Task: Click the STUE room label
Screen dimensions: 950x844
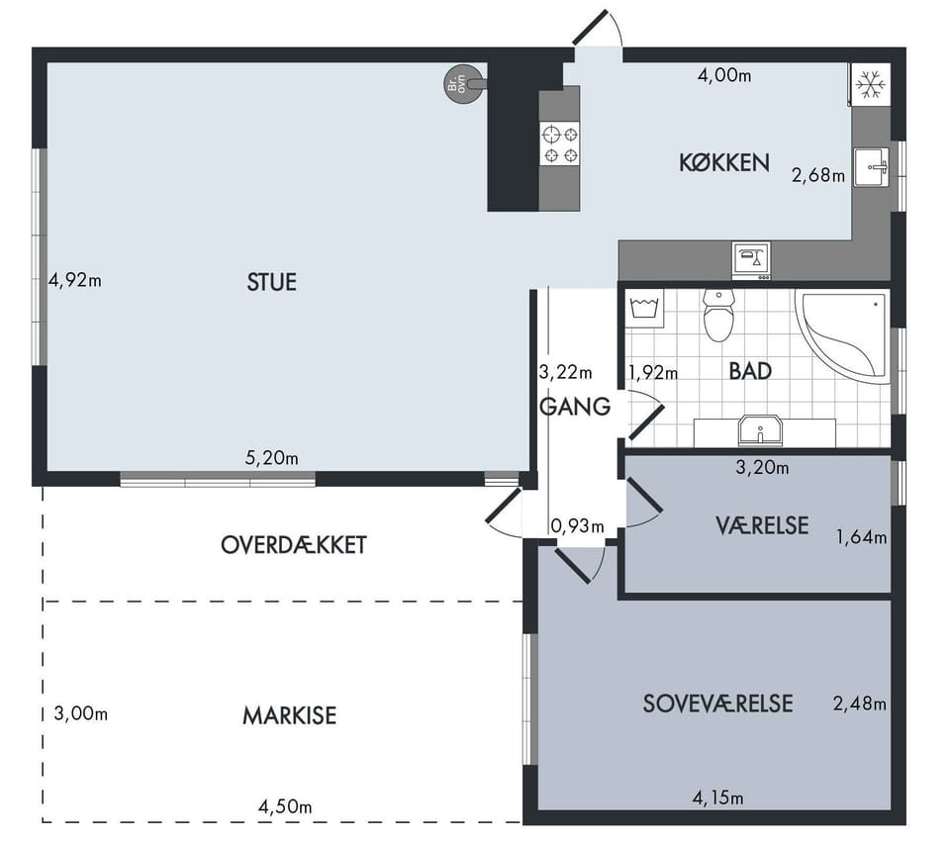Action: click(x=271, y=282)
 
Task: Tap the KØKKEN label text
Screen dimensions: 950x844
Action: click(x=724, y=163)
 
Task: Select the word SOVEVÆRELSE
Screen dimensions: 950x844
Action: click(x=717, y=703)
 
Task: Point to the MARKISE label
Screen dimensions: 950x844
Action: click(x=290, y=715)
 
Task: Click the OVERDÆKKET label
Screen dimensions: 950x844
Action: click(x=294, y=545)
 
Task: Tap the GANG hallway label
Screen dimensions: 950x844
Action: click(x=574, y=407)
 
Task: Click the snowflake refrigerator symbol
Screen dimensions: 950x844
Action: click(x=871, y=84)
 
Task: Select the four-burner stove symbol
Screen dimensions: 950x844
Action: click(x=560, y=144)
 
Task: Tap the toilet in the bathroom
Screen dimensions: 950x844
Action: click(x=718, y=315)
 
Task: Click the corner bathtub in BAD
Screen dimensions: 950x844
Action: click(x=844, y=335)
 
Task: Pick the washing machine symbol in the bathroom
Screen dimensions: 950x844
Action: click(x=644, y=309)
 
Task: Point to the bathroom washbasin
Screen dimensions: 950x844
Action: click(x=760, y=430)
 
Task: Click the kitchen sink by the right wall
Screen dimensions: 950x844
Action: click(x=872, y=167)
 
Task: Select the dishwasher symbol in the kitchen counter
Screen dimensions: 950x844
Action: click(x=751, y=260)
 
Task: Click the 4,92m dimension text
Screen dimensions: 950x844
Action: click(x=75, y=281)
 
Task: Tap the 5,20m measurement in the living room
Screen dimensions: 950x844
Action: click(x=271, y=458)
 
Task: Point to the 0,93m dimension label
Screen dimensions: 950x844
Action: click(x=577, y=526)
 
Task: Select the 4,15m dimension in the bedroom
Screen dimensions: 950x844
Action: click(x=718, y=797)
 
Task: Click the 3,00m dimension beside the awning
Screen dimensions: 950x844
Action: click(x=80, y=713)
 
